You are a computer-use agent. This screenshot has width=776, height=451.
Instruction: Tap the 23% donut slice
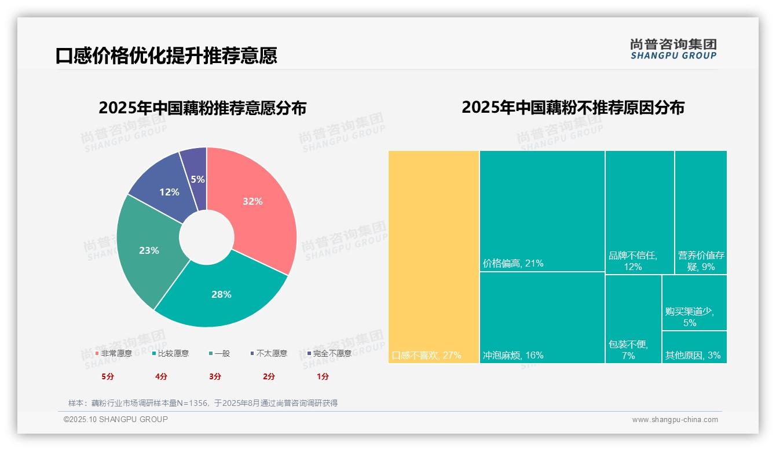[149, 250]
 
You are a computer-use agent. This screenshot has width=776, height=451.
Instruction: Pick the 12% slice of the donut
[169, 191]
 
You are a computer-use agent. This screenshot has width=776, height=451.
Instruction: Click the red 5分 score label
[108, 376]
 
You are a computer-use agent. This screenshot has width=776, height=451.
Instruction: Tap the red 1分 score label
[323, 376]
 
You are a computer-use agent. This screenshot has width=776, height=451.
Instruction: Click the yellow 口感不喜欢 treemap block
[434, 257]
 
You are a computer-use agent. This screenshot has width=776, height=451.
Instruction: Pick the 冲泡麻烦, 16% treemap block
[542, 317]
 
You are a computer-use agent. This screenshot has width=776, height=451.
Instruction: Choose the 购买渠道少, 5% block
[694, 302]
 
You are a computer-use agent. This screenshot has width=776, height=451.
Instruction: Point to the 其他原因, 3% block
[694, 347]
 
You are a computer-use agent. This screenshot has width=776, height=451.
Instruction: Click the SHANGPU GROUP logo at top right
[673, 49]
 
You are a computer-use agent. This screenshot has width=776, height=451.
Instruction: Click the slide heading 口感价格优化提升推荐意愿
[166, 56]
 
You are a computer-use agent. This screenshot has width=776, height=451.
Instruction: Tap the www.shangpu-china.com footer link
[675, 420]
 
